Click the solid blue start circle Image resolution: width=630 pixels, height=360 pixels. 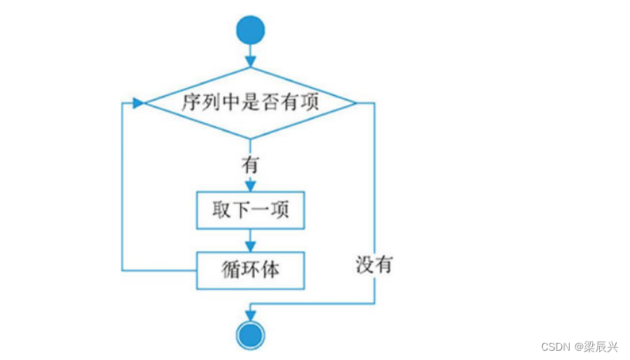coord(250,30)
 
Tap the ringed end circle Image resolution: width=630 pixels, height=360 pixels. coord(250,334)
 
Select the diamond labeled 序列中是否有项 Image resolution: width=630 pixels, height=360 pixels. coord(250,102)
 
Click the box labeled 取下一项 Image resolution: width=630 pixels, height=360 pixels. coord(250,210)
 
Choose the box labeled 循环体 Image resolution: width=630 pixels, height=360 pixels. coord(250,270)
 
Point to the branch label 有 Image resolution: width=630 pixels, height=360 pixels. coord(250,165)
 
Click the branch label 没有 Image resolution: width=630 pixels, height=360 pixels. coord(374,265)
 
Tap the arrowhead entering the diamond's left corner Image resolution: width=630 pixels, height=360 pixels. coord(139,102)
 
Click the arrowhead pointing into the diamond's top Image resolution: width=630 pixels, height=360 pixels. coord(250,60)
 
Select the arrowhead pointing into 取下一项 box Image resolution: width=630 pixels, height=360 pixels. coord(250,186)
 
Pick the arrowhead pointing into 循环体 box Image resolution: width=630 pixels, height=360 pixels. coord(250,246)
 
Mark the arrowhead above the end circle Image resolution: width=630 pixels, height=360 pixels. coord(250,313)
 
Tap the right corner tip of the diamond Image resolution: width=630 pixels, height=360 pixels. coord(356,102)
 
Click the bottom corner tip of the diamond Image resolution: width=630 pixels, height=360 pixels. coord(250,139)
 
